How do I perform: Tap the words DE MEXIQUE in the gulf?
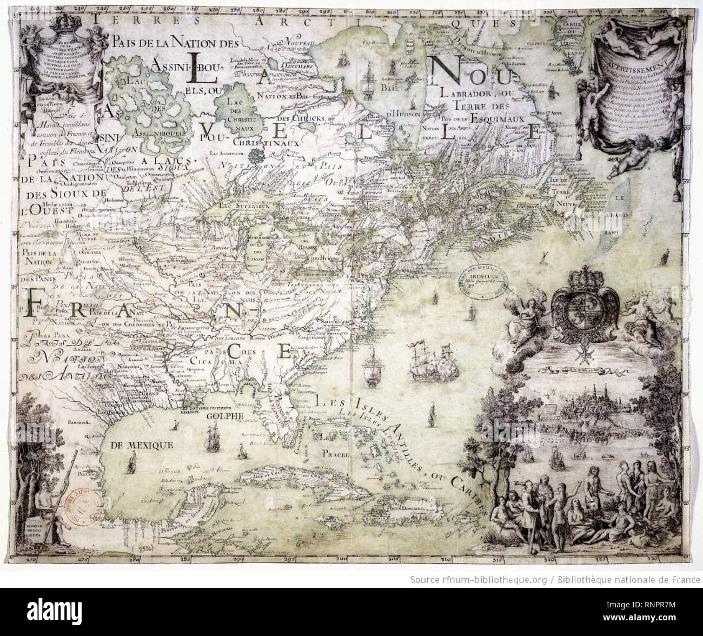coord(141,446)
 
